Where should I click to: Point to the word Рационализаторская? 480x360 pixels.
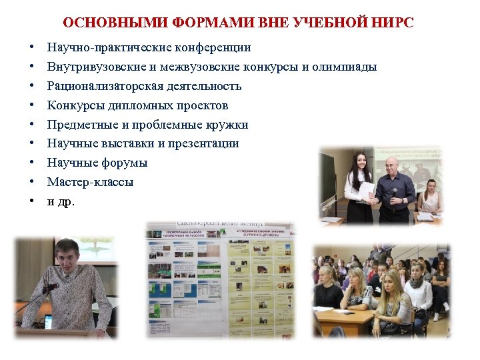[x=103, y=86]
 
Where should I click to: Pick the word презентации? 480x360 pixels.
[x=203, y=143]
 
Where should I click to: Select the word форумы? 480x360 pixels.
[x=125, y=163]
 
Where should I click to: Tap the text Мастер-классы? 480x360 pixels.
[x=90, y=182]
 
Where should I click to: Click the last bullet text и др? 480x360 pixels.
[x=61, y=201]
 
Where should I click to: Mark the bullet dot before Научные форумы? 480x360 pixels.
[x=31, y=163]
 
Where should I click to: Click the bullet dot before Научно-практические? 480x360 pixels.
[x=31, y=48]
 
